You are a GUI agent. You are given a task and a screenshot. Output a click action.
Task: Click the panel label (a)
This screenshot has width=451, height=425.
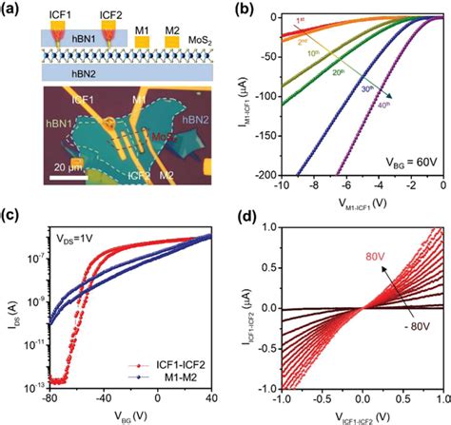(14, 11)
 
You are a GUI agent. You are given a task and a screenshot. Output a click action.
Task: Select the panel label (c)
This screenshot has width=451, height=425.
(12, 225)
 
